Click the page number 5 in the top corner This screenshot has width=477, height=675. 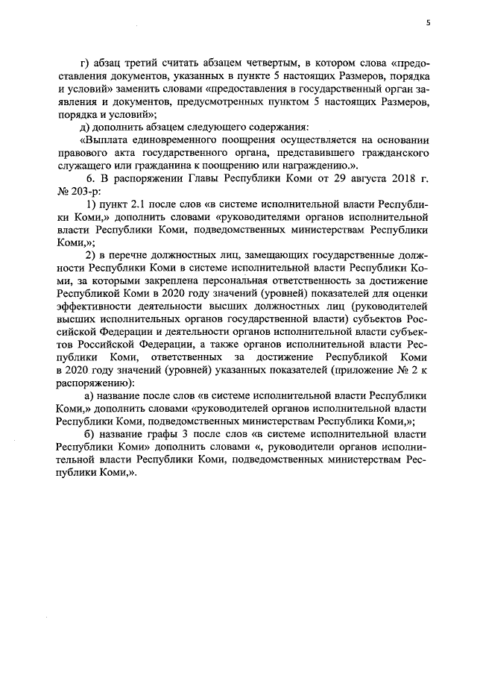tap(428, 22)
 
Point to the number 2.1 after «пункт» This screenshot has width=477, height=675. tap(128, 204)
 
